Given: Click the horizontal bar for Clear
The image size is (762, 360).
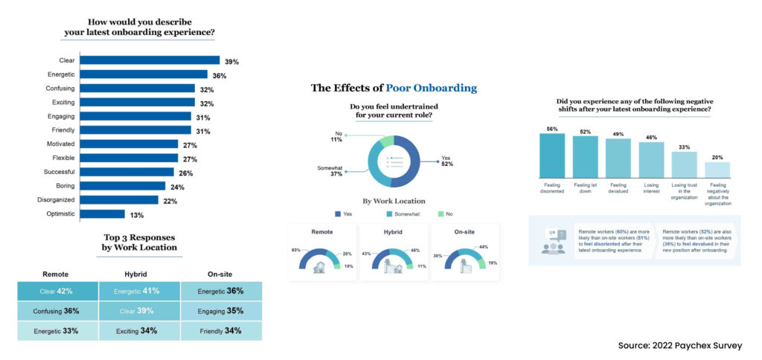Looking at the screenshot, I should pos(150,60).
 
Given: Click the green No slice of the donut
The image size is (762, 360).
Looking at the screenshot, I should pos(386,141).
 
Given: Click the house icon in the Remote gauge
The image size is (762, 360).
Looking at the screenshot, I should pos(319,268).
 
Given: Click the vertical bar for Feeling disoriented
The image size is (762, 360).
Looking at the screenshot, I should pos(551,155).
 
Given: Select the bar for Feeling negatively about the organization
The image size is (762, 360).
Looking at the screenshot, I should pos(718,170).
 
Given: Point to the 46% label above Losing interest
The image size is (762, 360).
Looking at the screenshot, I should pos(651,138).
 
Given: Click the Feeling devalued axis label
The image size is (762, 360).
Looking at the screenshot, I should pos(618,190).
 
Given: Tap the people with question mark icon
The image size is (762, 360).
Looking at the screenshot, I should pos(553,242).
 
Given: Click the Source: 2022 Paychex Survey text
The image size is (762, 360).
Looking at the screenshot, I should pos(680,346).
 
